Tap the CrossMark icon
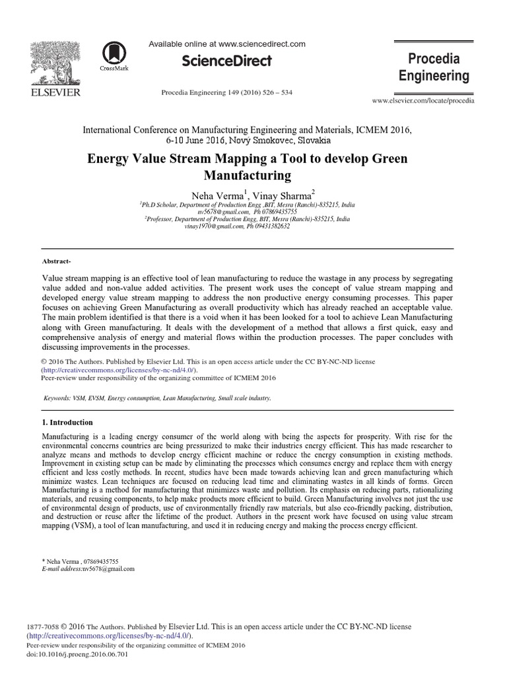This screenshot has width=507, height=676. pos(114,53)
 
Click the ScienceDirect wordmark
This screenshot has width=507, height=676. pos(226,61)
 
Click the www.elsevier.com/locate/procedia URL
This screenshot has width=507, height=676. pos(423,101)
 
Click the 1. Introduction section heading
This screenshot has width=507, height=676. pos(67,422)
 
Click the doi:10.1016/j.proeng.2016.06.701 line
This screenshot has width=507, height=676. pos(78,654)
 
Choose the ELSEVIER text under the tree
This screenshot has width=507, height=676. pos(55,92)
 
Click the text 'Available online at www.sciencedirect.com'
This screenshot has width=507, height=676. pos(226,44)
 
